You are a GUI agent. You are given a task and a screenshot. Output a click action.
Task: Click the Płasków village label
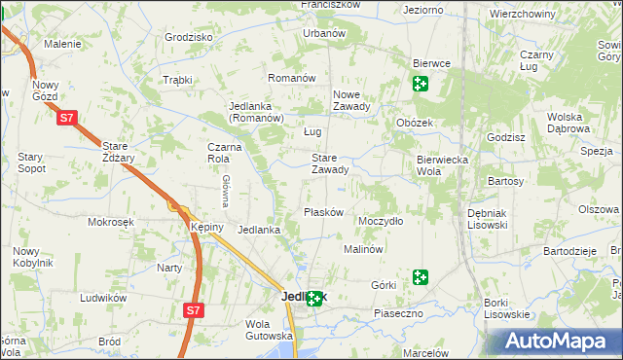pyautogui.click(x=324, y=212)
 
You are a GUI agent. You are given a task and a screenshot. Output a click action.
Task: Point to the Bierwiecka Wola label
pyautogui.click(x=443, y=164)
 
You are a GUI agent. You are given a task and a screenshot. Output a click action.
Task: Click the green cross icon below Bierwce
pyautogui.click(x=420, y=84)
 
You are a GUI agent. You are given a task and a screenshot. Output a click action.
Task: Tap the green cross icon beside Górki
pyautogui.click(x=420, y=277)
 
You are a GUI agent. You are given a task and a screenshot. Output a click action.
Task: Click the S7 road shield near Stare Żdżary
pyautogui.click(x=65, y=119)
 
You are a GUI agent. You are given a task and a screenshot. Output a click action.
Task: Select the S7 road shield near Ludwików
pyautogui.click(x=194, y=310)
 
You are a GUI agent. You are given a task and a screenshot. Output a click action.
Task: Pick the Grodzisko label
pyautogui.click(x=189, y=37)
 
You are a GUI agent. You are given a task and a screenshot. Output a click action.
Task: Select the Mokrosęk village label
pyautogui.click(x=110, y=222)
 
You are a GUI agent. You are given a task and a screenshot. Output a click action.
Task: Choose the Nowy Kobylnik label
pyautogui.click(x=33, y=257)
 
